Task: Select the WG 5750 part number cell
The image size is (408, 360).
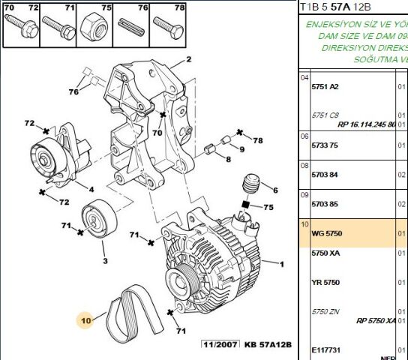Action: click(326, 234)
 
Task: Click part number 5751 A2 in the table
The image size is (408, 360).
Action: click(325, 86)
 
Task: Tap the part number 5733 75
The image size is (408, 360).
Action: click(325, 146)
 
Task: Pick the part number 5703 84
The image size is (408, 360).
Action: click(325, 175)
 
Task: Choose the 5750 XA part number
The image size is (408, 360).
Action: click(325, 254)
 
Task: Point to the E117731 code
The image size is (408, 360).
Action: click(326, 349)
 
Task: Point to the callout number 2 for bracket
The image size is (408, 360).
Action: click(189, 58)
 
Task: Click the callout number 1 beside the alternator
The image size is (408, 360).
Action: click(282, 264)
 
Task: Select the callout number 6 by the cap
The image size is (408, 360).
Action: click(274, 190)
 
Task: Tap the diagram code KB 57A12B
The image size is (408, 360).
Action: click(267, 344)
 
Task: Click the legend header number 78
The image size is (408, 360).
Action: click(179, 7)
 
